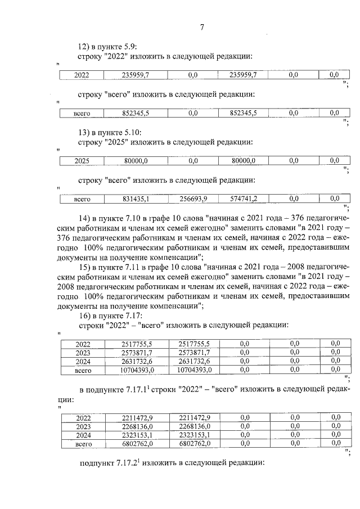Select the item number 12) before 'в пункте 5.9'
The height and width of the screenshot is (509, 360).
click(83, 46)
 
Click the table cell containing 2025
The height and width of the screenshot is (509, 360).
click(82, 161)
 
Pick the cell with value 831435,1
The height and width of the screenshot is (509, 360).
click(136, 199)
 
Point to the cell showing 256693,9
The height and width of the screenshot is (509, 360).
click(193, 199)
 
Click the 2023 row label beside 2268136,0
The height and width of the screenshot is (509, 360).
click(83, 426)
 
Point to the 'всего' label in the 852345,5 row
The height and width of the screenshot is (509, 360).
click(82, 113)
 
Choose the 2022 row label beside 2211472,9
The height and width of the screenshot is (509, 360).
click(83, 417)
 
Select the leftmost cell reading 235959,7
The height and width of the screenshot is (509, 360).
click(136, 75)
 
